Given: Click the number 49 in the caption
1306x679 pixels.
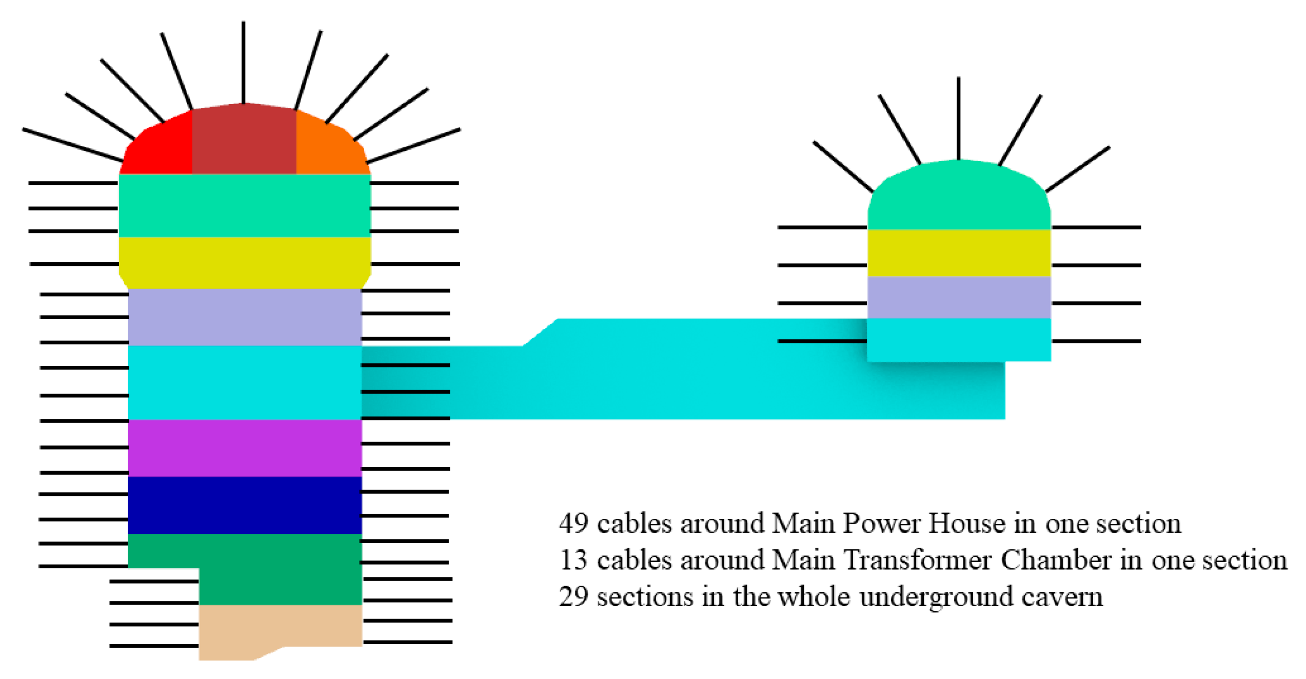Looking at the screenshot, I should click(x=573, y=524).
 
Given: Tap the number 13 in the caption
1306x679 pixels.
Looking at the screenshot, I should click(x=573, y=560).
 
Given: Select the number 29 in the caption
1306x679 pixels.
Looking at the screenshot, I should click(x=573, y=597).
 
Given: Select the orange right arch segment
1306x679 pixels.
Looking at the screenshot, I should click(x=328, y=149).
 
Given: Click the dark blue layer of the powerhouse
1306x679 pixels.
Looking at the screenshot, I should click(x=245, y=506).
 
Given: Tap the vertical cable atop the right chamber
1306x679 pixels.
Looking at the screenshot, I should click(x=959, y=119).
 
